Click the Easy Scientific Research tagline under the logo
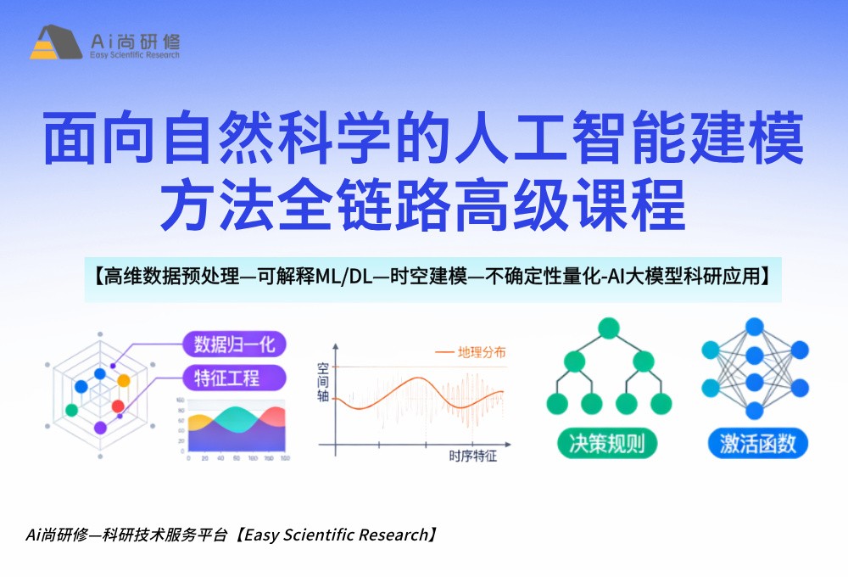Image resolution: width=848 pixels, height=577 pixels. (x=134, y=55)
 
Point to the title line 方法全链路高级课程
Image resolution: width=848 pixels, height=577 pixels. (x=423, y=204)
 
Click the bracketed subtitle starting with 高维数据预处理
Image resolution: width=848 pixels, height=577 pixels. (x=432, y=276)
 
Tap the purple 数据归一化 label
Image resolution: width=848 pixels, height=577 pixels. (x=234, y=344)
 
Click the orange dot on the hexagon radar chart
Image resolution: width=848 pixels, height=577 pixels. (x=124, y=379)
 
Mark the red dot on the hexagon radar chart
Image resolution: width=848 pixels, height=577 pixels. (x=118, y=406)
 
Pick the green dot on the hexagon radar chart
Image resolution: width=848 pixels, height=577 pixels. (x=72, y=410)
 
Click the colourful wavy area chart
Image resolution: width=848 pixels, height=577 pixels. (x=236, y=429)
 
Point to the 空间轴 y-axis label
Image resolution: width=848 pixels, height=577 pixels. (x=323, y=382)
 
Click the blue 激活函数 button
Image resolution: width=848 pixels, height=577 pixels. (x=757, y=443)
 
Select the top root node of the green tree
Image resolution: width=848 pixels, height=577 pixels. (x=608, y=328)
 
